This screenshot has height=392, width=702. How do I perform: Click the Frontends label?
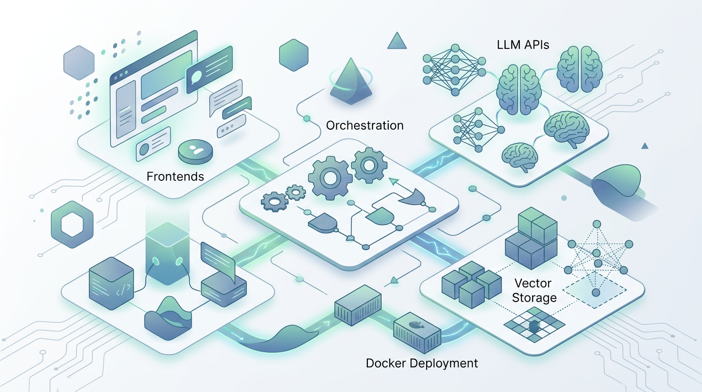coord(175,177)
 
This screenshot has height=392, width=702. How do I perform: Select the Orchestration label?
coord(364,125)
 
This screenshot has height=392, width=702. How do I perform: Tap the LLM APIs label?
coord(522,44)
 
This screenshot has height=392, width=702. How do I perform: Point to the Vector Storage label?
coord(534,290)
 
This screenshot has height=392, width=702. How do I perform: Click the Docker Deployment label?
coord(422,363)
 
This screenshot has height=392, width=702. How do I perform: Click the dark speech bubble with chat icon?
coord(209,70)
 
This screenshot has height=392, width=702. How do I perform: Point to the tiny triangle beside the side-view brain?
coord(644,146)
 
